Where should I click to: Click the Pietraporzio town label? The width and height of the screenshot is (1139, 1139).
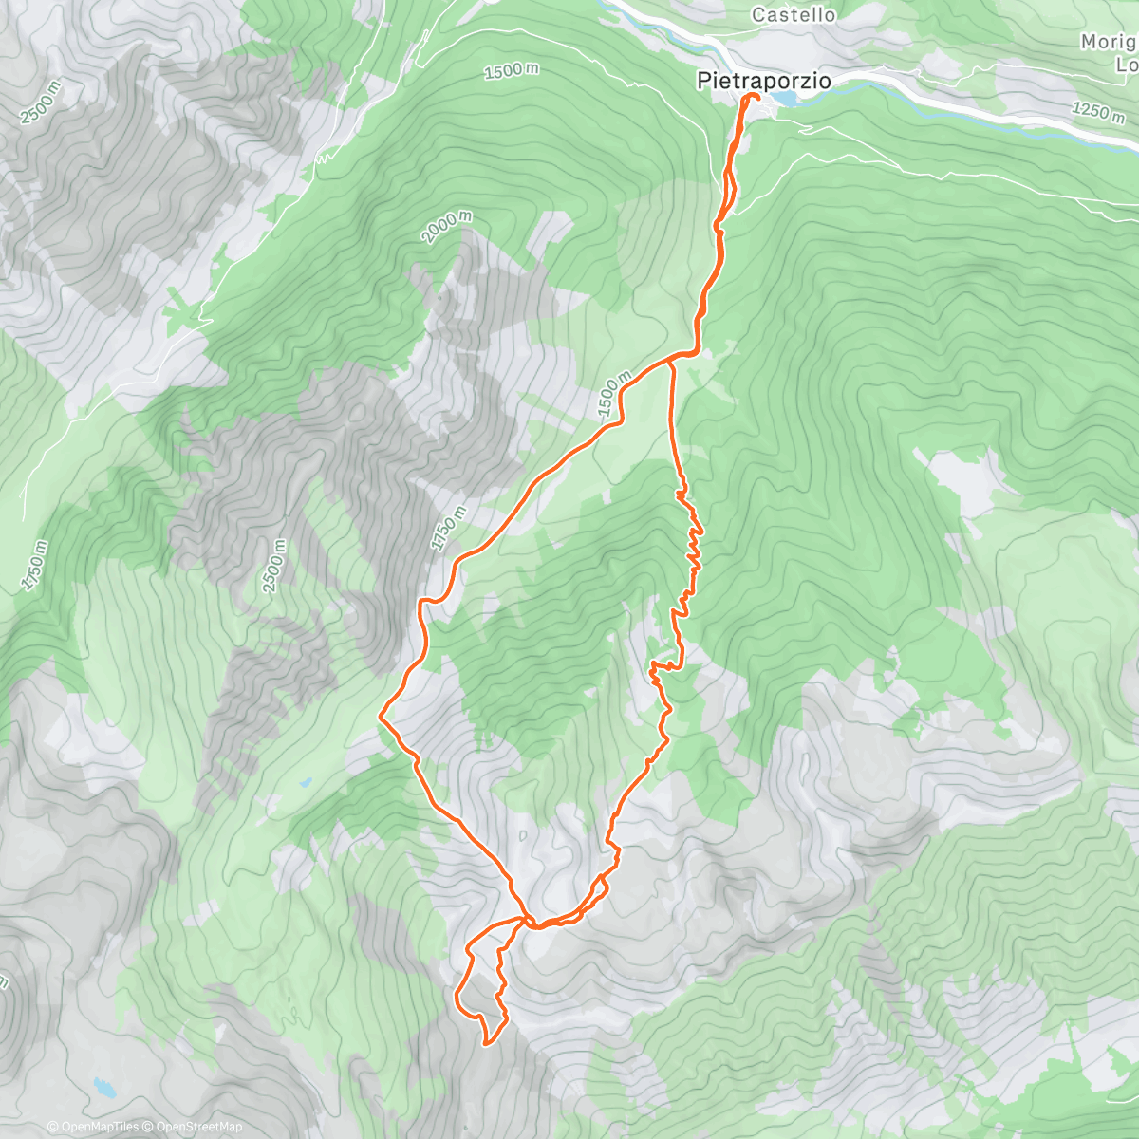pos(764,82)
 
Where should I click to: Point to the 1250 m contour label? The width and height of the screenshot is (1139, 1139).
pos(1098,111)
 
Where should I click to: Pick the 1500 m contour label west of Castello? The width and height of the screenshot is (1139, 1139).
pos(511,71)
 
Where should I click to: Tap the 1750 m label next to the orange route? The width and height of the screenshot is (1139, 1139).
pos(449,529)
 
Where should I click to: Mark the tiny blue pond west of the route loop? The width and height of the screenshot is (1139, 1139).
pos(304,784)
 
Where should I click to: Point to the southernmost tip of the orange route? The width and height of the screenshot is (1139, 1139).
pos(487,1043)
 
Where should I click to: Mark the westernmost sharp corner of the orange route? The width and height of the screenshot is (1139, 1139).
pos(381,717)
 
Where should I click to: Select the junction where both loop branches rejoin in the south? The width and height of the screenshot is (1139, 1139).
pos(529,921)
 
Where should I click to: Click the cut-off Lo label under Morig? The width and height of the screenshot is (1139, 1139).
pos(1127,65)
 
